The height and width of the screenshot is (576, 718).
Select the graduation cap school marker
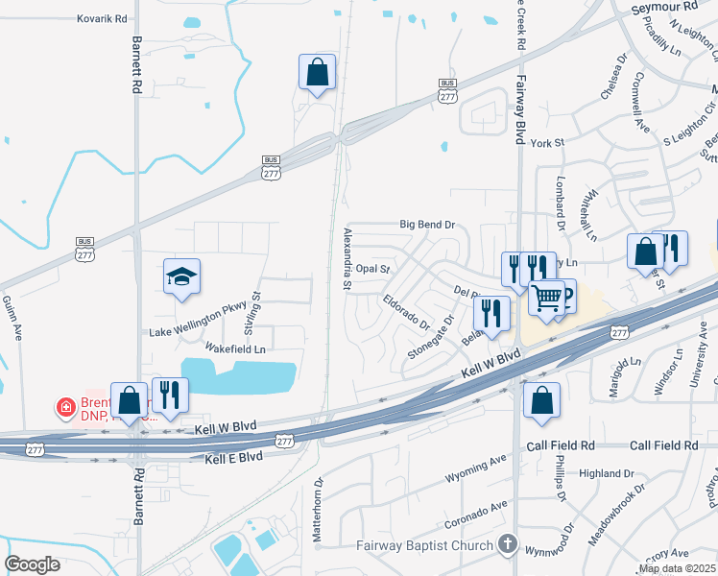[x=181, y=278]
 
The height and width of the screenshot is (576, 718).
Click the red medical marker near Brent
[x=66, y=408]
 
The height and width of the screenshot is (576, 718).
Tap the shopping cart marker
[x=546, y=299]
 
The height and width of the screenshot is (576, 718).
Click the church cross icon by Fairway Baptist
[x=508, y=544]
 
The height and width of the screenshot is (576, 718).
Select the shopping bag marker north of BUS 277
[x=317, y=72]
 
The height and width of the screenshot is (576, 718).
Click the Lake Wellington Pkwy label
[x=199, y=332]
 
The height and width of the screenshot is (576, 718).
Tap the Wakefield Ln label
[x=235, y=348]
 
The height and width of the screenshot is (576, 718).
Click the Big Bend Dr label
[x=426, y=225]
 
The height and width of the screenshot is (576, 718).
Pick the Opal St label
[x=372, y=270]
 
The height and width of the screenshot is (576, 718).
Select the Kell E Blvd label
[x=233, y=458]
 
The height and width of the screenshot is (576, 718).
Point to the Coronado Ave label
[x=475, y=514]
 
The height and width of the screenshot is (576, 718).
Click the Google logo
[x=32, y=564]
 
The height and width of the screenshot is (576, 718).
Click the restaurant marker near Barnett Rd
[x=170, y=395]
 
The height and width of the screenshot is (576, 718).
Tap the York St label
[x=544, y=142]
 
